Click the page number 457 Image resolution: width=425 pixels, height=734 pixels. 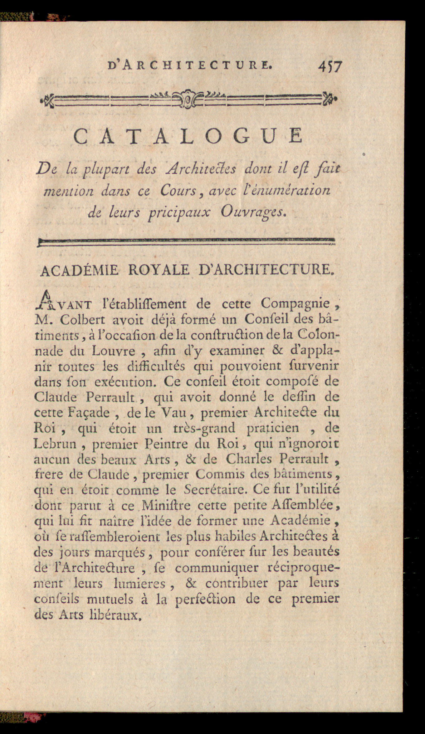[x=330, y=66]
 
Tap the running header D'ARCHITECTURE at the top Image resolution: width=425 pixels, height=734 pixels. [x=190, y=66]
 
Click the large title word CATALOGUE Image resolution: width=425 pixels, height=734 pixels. [x=188, y=137]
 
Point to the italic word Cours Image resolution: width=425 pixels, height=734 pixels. [x=178, y=191]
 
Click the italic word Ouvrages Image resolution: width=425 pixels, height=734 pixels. [x=253, y=212]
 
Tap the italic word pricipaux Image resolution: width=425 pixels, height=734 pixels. [x=179, y=213]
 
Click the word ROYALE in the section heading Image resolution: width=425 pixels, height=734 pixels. [x=159, y=270]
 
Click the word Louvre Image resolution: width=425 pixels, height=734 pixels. [x=113, y=351]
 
